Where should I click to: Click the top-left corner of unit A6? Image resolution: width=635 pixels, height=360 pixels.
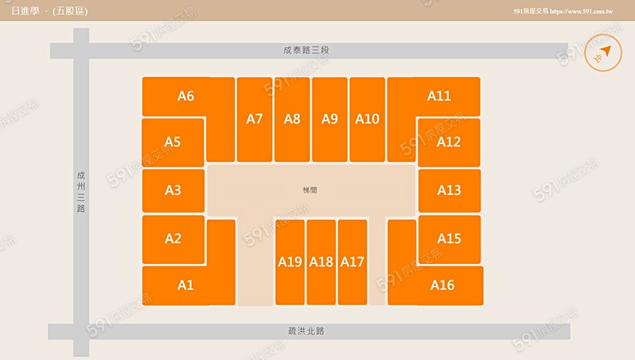143,78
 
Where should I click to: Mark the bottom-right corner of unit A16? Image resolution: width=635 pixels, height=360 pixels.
483,305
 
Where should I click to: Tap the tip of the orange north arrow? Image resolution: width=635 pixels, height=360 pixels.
610,46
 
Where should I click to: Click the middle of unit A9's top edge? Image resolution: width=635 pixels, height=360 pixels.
329,78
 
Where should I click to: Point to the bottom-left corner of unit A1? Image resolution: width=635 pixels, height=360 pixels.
143,305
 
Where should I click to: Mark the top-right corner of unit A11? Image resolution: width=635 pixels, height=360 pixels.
480,78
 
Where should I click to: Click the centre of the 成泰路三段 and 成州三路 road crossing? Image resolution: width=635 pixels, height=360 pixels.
81,51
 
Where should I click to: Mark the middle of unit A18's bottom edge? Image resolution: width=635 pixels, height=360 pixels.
321,304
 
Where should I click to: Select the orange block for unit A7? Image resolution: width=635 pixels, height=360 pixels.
254,119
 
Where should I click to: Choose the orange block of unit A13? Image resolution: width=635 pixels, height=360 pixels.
449,191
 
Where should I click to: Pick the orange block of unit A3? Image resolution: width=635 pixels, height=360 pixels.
174,191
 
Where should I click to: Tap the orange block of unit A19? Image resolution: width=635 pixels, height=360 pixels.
290,262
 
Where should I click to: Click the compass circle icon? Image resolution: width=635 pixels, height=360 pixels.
603,53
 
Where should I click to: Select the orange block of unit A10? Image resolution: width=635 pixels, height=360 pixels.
368,119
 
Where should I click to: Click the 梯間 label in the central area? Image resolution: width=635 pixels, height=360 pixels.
310,190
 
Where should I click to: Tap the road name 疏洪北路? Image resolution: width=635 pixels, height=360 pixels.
306,331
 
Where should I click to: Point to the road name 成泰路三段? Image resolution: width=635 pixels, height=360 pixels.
306,50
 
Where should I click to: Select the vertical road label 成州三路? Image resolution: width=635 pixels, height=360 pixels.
81,192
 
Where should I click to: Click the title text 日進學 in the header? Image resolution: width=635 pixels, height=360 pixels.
25,11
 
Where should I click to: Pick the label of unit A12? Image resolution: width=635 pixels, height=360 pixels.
449,142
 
